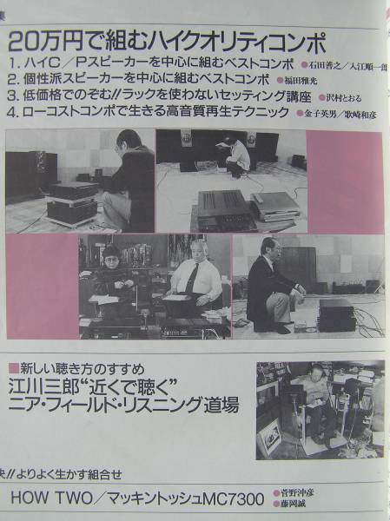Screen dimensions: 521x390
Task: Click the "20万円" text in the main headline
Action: coord(43,41)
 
